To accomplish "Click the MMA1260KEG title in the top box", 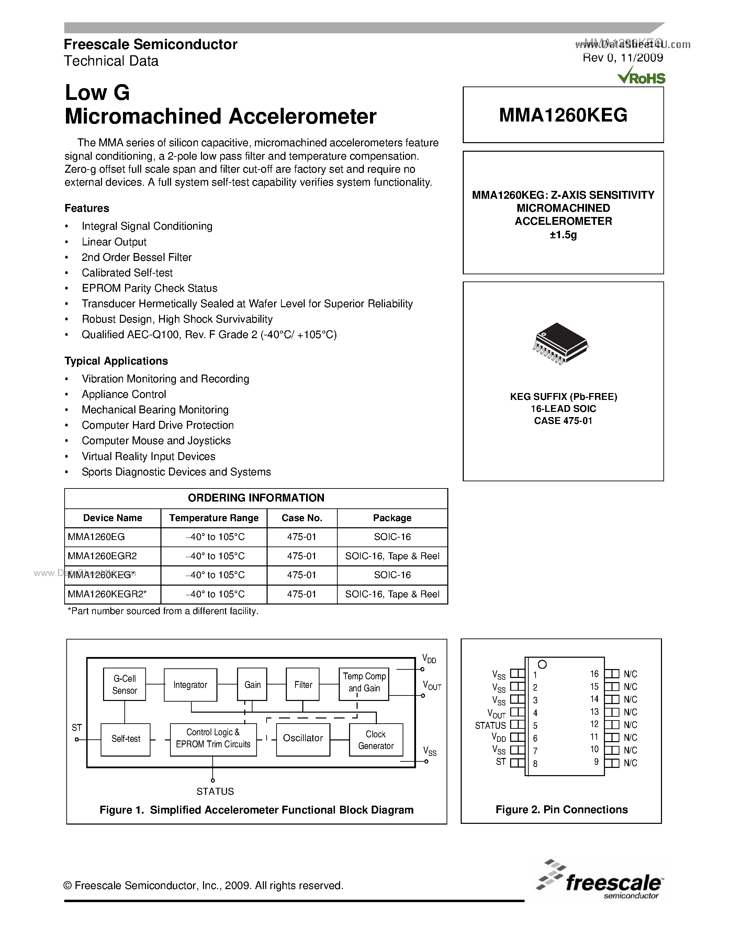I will (563, 115).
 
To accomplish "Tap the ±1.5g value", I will (563, 235).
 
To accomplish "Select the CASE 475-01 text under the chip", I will (563, 421).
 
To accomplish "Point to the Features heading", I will (87, 208).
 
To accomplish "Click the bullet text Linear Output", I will (114, 242).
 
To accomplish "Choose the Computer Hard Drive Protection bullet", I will (157, 425).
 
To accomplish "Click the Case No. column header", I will (302, 518).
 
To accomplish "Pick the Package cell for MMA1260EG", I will (392, 537).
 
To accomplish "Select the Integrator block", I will (190, 685).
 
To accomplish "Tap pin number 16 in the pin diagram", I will (594, 674).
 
